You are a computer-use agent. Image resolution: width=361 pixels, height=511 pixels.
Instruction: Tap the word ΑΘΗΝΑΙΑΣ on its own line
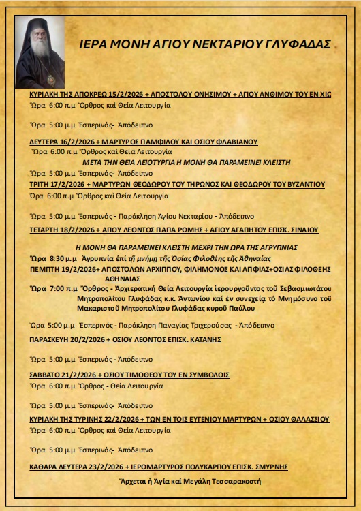(122, 279)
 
